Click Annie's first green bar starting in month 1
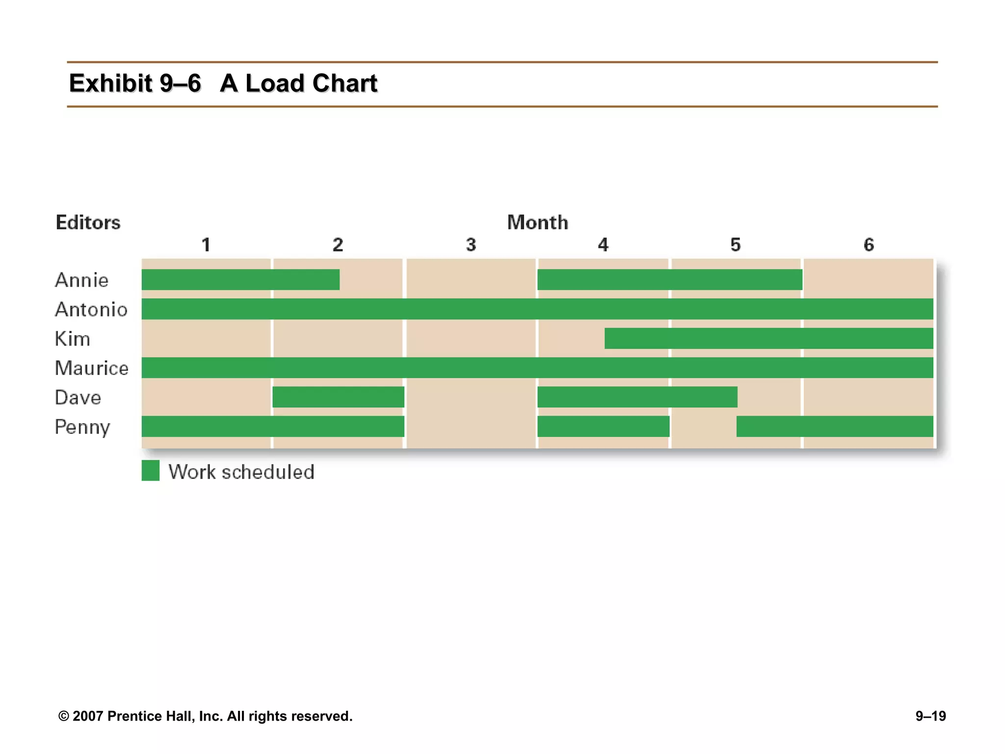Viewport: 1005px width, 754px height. [240, 280]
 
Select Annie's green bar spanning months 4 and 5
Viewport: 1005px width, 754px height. [669, 280]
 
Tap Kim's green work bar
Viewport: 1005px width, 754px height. [768, 339]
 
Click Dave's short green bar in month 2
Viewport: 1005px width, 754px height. [338, 397]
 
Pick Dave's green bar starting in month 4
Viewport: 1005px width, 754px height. [637, 397]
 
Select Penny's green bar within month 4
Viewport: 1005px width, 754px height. [603, 427]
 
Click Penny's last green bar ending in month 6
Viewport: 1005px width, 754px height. [834, 427]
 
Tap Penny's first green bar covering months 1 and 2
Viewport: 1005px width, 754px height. [273, 427]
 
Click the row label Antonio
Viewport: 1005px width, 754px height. [91, 310]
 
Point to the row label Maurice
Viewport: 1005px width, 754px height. [92, 368]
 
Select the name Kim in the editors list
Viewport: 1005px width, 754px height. [73, 339]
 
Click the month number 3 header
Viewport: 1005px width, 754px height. [471, 245]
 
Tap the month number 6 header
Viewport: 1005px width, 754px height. [869, 245]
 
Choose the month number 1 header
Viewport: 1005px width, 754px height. [206, 245]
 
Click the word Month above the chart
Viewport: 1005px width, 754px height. [537, 223]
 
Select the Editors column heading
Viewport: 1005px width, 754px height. [88, 223]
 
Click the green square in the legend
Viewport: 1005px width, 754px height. [151, 471]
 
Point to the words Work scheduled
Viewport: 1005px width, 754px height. [241, 472]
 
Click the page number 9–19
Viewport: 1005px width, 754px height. [930, 716]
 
